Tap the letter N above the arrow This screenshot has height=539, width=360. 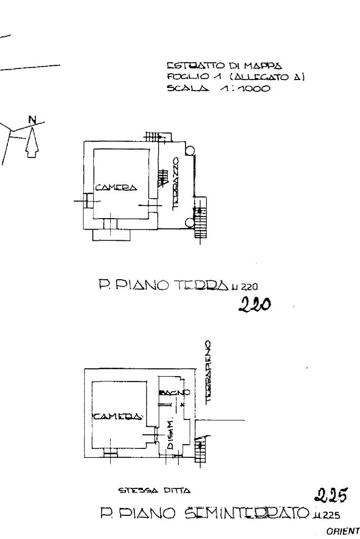point(33,120)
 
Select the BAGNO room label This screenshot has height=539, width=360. point(170,393)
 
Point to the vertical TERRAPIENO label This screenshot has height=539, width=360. point(209,371)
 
